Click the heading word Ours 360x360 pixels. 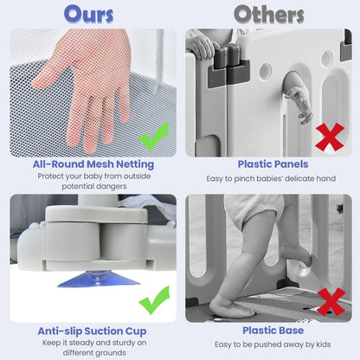pos(89,14)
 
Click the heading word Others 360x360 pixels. pos(269,15)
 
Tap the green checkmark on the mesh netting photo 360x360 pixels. pos(154,136)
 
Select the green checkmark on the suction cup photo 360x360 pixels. pos(154,300)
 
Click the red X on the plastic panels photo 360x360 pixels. pos(330,137)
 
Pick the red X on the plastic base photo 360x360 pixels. pos(331,301)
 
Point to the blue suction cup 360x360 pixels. pos(99,280)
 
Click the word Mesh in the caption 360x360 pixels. pos(100,164)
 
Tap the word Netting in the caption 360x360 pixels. pos(135,164)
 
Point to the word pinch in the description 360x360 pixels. pos(244,179)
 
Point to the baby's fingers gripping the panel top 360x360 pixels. pos(200,47)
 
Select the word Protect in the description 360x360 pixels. pos(50,176)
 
